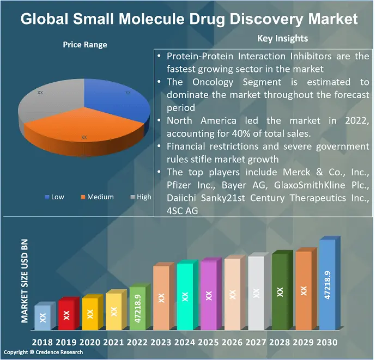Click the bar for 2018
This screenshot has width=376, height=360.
[x=43, y=318]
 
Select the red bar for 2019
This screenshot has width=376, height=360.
[x=66, y=315]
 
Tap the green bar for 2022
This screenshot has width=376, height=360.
[x=137, y=308]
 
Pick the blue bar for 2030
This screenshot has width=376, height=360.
[x=327, y=285]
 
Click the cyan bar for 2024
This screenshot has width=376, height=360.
[x=185, y=297]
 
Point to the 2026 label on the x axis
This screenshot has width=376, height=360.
[x=232, y=343]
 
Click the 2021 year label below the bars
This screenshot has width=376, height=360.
[x=113, y=343]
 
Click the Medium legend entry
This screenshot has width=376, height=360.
[x=98, y=197]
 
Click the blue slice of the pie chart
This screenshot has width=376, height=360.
[x=120, y=103]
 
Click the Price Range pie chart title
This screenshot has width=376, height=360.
[x=85, y=45]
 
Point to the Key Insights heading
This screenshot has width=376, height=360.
[x=282, y=38]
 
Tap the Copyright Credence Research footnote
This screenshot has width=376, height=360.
[x=43, y=352]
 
